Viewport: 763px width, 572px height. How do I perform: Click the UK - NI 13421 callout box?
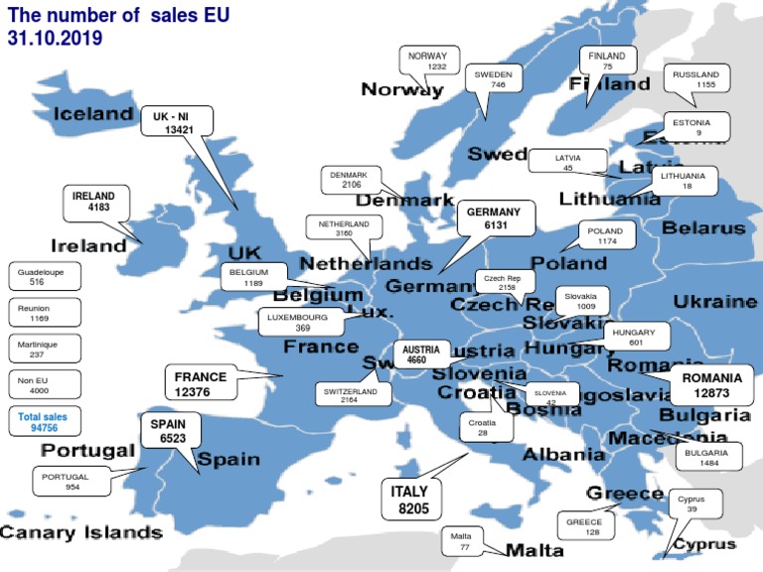tap(178, 123)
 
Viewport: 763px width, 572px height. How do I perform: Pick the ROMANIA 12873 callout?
tap(711, 386)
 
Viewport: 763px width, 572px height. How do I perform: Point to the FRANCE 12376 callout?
tap(201, 384)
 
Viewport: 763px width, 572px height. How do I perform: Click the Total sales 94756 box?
tap(43, 422)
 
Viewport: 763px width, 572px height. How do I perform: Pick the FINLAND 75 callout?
tap(607, 61)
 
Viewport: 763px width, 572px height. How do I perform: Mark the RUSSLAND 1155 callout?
tap(695, 79)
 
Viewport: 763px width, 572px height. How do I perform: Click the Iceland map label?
tap(92, 113)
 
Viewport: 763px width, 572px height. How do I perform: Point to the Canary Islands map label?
tap(80, 532)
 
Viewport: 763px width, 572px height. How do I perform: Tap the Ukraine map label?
tap(715, 301)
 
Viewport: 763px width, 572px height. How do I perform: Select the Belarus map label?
tap(703, 228)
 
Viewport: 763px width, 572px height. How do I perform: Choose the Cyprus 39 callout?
tap(691, 504)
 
